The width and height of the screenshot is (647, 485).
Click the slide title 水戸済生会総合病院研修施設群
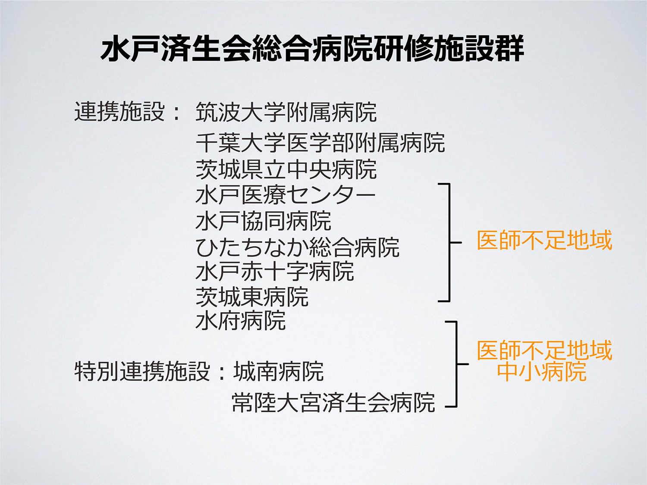tap(312, 48)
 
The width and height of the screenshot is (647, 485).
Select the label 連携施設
tap(119, 112)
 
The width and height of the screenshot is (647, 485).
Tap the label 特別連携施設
tap(142, 371)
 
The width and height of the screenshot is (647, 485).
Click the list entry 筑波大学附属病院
tap(286, 112)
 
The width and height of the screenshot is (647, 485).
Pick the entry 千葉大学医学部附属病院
tap(320, 143)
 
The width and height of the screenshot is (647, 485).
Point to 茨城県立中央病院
tap(286, 169)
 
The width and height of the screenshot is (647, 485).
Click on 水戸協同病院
tap(264, 221)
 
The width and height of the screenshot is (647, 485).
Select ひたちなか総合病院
tap(298, 247)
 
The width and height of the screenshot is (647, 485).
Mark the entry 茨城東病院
tap(252, 297)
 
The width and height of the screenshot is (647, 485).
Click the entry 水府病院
tap(241, 320)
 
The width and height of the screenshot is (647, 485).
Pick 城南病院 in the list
tap(279, 371)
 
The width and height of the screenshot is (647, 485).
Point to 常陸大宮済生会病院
tap(334, 402)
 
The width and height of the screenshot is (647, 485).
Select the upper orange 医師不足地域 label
tap(545, 240)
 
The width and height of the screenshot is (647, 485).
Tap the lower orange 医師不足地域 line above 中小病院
tap(545, 350)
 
